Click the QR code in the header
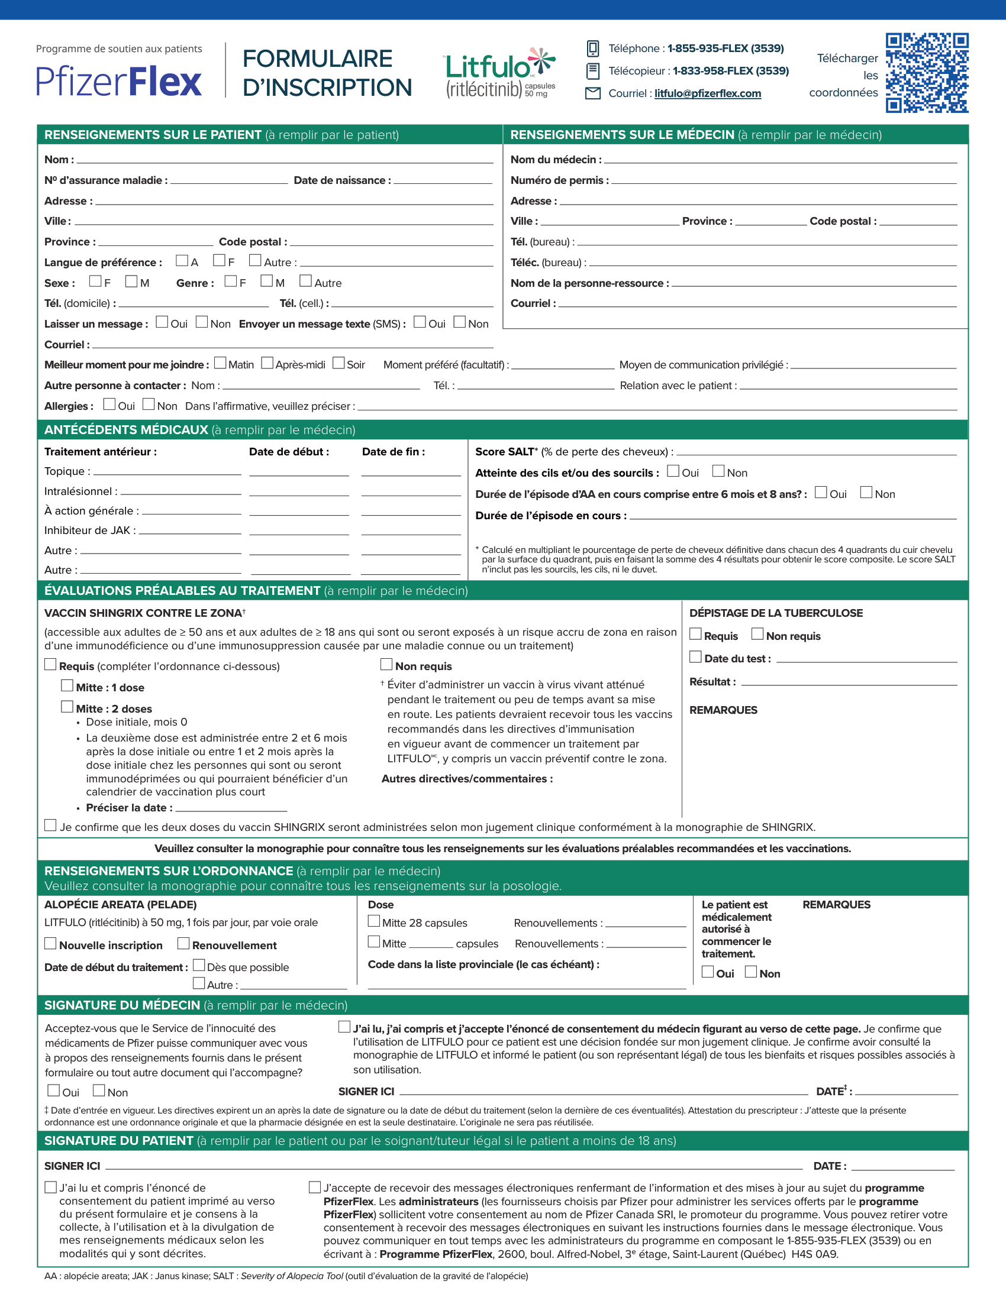pos(927,73)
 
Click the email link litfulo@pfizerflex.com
pos(707,93)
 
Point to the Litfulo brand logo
pos(499,73)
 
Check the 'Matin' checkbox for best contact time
pos(220,363)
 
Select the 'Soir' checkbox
pos(338,363)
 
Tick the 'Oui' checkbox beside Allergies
pos(109,404)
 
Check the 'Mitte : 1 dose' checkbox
pos(67,685)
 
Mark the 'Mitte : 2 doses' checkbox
pos(67,707)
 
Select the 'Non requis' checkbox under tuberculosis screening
pos(757,634)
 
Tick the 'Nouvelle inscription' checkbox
pos(51,944)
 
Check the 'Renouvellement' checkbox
pos(183,944)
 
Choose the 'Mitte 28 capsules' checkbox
pos(373,921)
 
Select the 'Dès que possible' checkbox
pos(199,965)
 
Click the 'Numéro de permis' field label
pos(560,180)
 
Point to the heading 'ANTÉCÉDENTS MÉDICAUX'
pos(127,430)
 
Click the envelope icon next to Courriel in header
pos(592,93)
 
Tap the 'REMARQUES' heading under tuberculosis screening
pos(723,710)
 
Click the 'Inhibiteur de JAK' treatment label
pos(89,531)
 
